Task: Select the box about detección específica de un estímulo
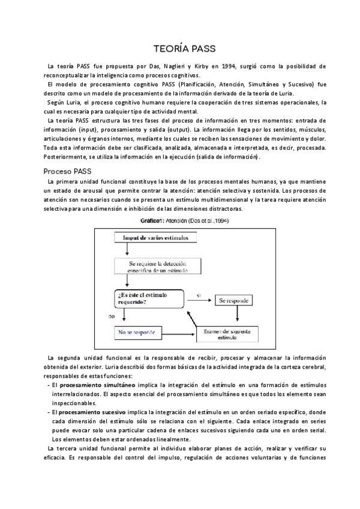156,267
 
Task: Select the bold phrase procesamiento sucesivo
88,412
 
